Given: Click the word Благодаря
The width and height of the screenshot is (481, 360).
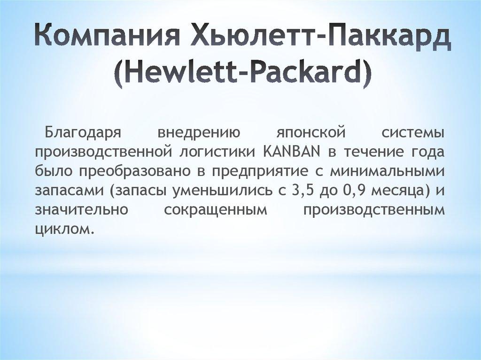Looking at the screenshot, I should [83, 133].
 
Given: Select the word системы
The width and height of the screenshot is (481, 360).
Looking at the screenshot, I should [412, 133].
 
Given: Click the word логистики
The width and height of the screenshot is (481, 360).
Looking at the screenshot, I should [217, 152].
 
